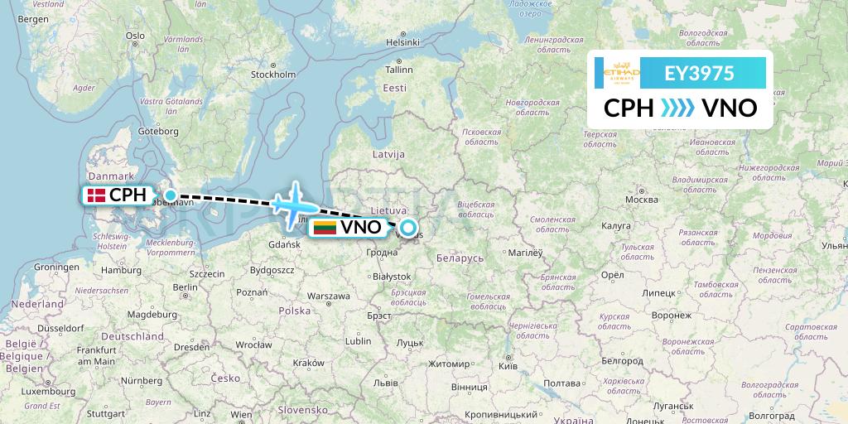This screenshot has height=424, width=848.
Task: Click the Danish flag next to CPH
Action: (x=96, y=196)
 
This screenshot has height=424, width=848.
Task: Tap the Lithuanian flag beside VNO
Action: (x=324, y=227)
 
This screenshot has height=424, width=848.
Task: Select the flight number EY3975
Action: (x=700, y=73)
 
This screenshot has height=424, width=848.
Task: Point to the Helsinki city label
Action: (x=403, y=42)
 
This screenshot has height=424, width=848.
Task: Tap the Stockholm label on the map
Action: (x=273, y=75)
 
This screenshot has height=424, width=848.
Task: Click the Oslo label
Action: (x=135, y=36)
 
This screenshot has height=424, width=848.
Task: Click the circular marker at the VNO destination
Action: (x=407, y=227)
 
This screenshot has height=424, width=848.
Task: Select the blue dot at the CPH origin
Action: (x=170, y=196)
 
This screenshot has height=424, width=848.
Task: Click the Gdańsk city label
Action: (x=284, y=244)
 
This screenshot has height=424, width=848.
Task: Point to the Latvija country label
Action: (x=388, y=154)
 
